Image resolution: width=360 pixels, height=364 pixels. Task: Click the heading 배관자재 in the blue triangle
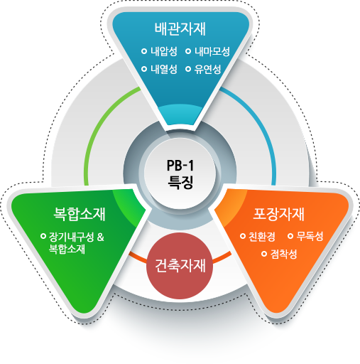pos(180,29)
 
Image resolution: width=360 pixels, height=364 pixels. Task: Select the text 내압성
pos(164,51)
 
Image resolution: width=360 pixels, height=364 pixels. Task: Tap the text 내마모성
pos(212,51)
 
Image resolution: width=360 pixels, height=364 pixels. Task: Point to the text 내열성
pos(164,69)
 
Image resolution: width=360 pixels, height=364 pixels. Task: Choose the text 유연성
pos(207,69)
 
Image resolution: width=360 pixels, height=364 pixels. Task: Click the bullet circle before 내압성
pos(144,51)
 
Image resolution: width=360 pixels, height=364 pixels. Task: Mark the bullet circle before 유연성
pos(188,69)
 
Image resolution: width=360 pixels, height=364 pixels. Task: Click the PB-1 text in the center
pos(180,166)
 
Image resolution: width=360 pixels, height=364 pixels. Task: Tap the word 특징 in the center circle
pos(180,182)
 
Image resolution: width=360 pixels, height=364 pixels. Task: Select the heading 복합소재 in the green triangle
pos(80,214)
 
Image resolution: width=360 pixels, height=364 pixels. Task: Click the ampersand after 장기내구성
pos(101,237)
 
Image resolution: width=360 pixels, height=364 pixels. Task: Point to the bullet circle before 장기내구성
pos(43,236)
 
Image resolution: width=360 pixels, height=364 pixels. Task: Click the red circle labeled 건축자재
pos(180,266)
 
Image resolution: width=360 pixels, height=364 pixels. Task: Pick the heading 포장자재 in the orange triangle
pos(278,214)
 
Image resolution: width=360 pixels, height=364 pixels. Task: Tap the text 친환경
pos(262,236)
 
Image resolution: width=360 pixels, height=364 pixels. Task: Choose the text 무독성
pos(310,236)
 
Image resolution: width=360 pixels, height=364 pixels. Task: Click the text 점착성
pos(283,254)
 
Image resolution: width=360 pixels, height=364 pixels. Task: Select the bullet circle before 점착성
pos(264,254)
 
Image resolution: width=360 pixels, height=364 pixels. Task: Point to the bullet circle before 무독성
pos(290,236)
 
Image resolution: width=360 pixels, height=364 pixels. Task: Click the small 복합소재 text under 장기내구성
pos(67,249)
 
